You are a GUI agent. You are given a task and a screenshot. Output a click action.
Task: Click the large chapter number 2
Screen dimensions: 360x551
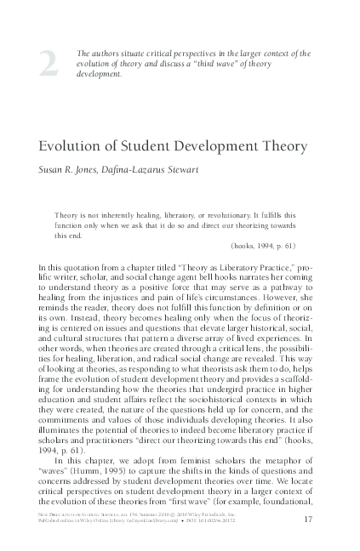tap(49, 65)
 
